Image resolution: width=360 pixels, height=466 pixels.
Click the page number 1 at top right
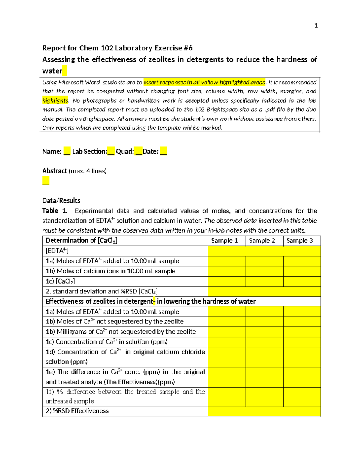coord(316,26)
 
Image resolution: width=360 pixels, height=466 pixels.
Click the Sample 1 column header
coord(224,241)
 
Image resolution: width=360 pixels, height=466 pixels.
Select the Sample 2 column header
coord(262,241)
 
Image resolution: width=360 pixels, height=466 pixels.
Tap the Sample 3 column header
coord(299,241)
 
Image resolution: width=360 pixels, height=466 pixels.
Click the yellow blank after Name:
coord(67,152)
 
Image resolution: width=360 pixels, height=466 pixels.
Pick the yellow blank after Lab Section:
coord(111,152)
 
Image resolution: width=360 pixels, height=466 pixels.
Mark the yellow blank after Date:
coord(163,152)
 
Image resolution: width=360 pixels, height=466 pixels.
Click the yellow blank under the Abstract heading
coord(46,181)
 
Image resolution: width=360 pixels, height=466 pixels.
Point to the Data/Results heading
coord(61,200)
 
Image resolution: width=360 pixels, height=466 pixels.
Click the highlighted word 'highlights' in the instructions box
coord(55,101)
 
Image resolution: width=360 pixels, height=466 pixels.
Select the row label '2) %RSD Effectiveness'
coord(77,411)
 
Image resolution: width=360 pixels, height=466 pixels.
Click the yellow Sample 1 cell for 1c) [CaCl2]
coord(227,281)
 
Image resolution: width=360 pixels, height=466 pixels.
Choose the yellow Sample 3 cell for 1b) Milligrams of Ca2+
coord(302,332)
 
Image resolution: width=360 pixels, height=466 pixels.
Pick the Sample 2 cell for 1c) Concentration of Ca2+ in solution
coord(264,342)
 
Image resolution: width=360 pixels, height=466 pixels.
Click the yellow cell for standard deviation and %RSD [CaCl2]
coord(264,292)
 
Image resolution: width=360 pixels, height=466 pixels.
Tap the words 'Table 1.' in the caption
coord(55,211)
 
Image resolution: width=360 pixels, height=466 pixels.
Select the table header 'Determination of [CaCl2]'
coord(81,241)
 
